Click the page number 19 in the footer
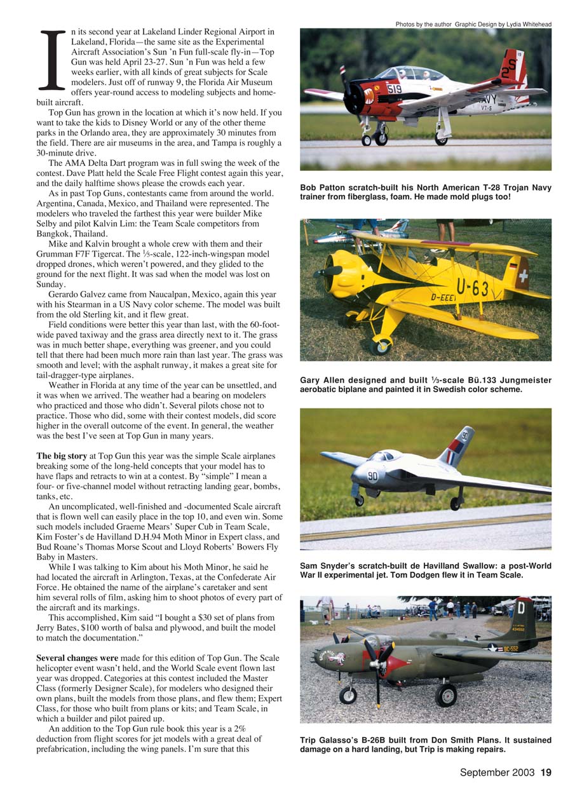546,773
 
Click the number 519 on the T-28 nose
394,90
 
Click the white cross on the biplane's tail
523,278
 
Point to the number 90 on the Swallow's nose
372,477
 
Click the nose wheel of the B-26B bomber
348,694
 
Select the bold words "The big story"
61,456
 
